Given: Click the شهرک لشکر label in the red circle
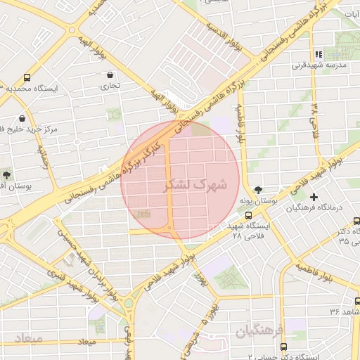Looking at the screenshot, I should [195, 186].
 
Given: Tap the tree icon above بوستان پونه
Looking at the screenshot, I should [259, 190].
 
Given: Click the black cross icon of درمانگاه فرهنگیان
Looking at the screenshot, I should [314, 197].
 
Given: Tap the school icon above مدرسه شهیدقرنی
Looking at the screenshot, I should [319, 54].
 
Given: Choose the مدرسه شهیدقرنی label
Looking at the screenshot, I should [320, 65].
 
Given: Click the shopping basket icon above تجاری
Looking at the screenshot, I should [110, 75].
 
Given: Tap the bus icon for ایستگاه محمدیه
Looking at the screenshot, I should [27, 78].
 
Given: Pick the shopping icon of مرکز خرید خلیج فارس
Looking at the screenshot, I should [22, 118].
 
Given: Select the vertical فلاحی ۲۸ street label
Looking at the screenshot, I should [315, 119].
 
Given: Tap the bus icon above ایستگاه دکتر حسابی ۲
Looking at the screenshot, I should [283, 347].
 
